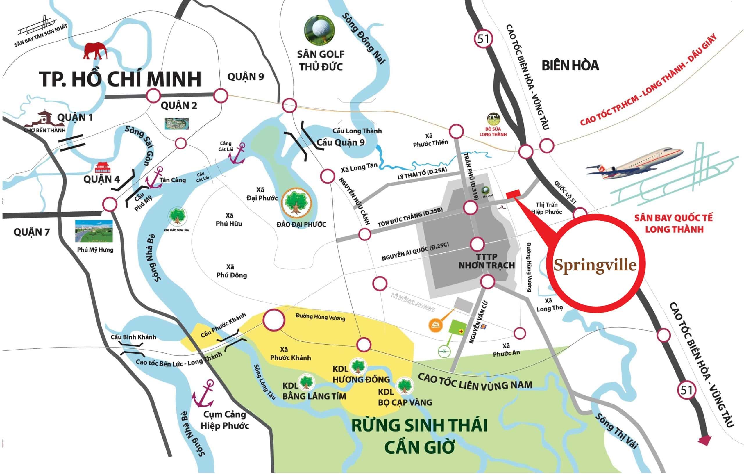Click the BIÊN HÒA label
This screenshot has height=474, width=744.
(570, 65)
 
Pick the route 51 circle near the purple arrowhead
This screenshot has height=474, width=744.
(686, 390)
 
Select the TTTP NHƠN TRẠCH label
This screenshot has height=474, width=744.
(487, 261)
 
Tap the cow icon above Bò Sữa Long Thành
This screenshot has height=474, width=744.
(493, 119)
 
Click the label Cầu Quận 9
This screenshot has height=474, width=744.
(341, 142)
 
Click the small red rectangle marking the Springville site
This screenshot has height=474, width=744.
(514, 194)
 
